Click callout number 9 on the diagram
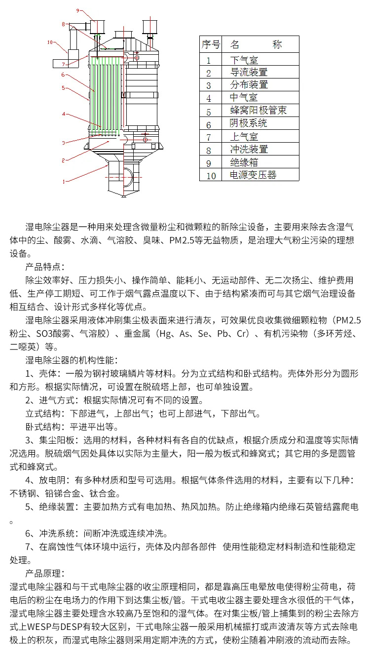(x=77, y=10)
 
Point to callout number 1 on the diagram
(x=63, y=181)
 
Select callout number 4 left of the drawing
(x=64, y=114)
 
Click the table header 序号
(x=211, y=44)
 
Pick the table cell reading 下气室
(x=244, y=60)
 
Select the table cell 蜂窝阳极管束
(x=259, y=111)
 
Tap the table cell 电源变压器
(x=253, y=175)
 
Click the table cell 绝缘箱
(x=244, y=162)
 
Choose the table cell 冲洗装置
(x=249, y=149)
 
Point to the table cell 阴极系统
(x=249, y=123)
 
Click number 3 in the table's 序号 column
(x=209, y=85)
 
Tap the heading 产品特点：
(x=45, y=268)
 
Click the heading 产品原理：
(x=45, y=574)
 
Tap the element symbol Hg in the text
(x=165, y=334)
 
